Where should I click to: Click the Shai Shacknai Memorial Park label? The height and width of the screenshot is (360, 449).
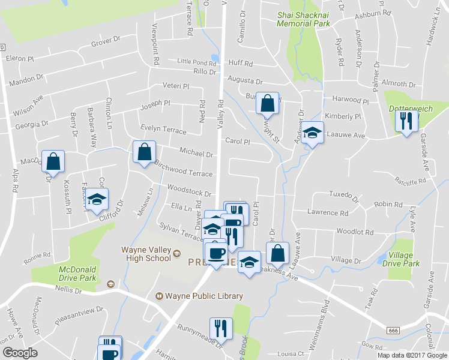click(303, 19)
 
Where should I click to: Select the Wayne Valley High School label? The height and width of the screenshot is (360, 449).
click(148, 254)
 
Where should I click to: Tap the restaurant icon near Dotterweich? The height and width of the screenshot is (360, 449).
click(406, 121)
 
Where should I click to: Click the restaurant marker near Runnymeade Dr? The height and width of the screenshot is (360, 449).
click(220, 328)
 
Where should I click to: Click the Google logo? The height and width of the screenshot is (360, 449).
click(20, 353)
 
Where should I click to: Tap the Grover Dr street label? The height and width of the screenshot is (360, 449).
click(106, 44)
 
